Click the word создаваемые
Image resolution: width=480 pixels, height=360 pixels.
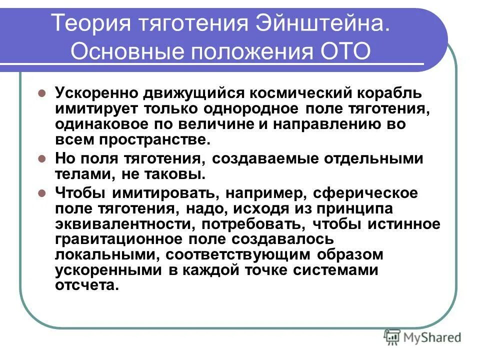pos(260,158)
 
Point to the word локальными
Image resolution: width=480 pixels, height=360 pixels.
pos(104,254)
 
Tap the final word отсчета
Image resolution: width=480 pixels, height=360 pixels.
pos(87,285)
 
